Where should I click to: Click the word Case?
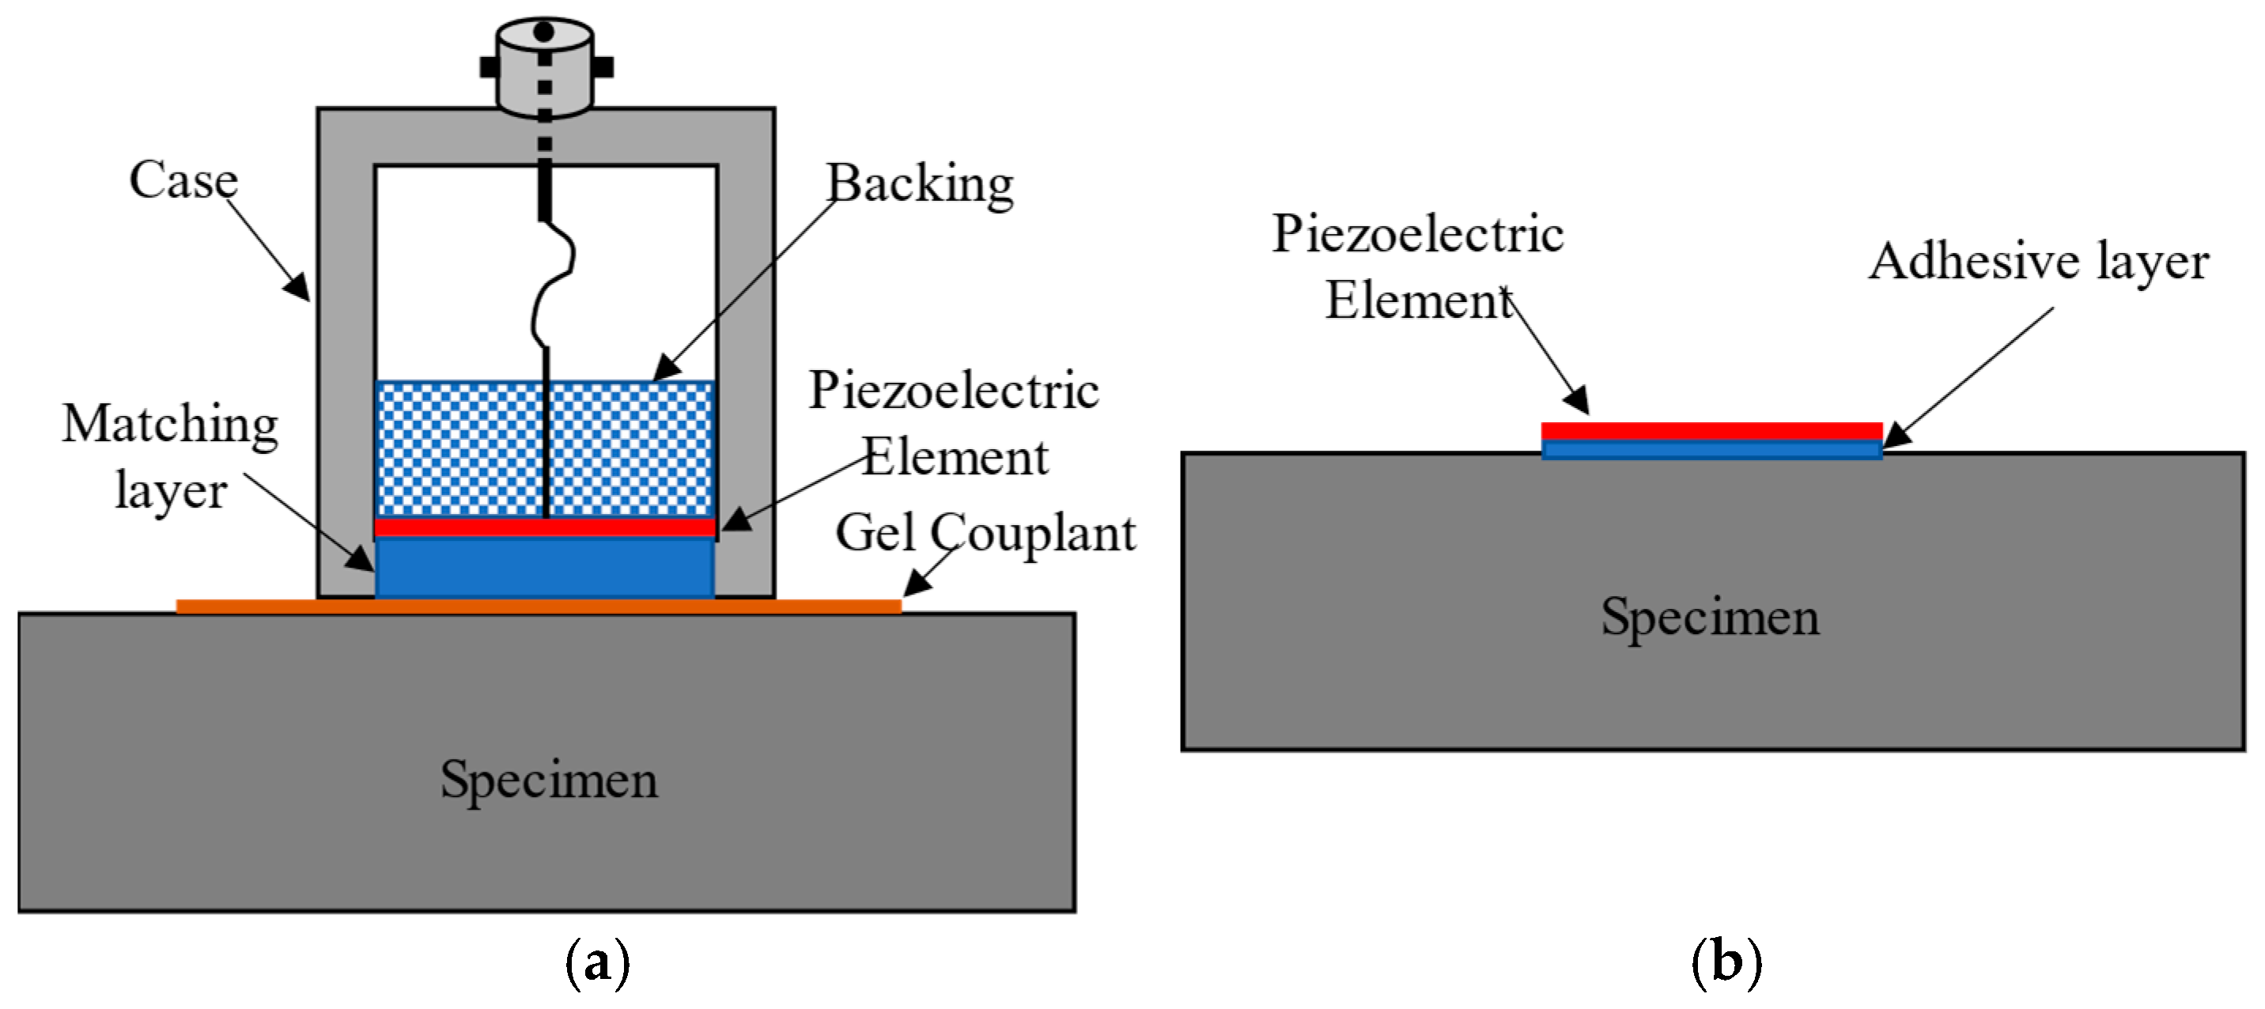[x=183, y=180]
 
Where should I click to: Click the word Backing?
[x=920, y=183]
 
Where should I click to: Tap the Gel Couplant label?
[x=985, y=534]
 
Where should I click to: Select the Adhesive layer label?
[x=2038, y=261]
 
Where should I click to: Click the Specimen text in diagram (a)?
[x=549, y=780]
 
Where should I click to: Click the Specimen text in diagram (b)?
[x=1709, y=616]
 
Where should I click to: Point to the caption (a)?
[x=597, y=962]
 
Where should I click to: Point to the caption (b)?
[x=1726, y=962]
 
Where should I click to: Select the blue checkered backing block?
[x=457, y=448]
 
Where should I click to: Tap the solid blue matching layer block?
[x=545, y=568]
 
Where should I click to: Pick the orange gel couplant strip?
[x=264, y=607]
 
